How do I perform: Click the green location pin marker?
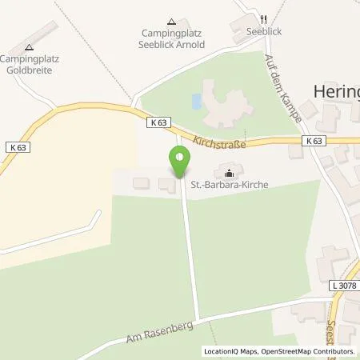179,162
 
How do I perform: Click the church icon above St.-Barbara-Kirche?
230,171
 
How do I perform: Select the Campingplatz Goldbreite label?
32,64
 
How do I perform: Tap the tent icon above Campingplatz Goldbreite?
30,48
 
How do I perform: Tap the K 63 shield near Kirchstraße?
158,123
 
